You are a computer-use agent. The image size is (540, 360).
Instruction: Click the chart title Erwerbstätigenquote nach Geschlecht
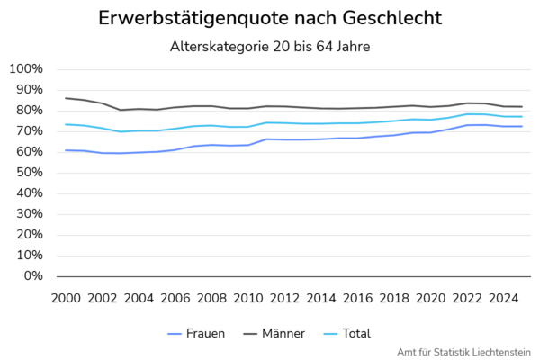[270, 18]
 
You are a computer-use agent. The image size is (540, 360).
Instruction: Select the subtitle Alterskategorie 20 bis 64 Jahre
[270, 47]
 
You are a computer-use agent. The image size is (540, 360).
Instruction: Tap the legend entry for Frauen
[196, 334]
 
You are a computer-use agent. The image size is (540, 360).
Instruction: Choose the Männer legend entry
[274, 334]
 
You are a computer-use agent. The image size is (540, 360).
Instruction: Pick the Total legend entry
[347, 334]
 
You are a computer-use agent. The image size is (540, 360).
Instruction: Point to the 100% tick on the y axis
[26, 69]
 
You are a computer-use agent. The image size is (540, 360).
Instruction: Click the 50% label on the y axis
[30, 172]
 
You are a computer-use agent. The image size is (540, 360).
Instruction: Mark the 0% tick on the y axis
[33, 276]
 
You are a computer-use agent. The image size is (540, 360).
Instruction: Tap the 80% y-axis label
[30, 110]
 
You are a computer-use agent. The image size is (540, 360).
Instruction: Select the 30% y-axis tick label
[30, 213]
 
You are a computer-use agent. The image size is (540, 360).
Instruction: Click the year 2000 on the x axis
[66, 298]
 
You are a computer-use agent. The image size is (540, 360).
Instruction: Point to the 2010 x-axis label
[248, 298]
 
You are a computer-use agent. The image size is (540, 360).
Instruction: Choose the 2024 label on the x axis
[504, 298]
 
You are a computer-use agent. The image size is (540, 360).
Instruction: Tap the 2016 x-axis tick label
[358, 298]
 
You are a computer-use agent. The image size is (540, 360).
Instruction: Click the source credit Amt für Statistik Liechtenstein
[463, 353]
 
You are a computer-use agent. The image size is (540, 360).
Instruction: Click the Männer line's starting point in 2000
[66, 98]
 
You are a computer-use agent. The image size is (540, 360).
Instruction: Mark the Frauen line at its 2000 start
[66, 150]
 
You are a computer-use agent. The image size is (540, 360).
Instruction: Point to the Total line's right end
[522, 116]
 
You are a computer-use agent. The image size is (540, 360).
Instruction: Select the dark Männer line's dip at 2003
[121, 110]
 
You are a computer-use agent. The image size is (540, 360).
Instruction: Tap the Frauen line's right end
[522, 126]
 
